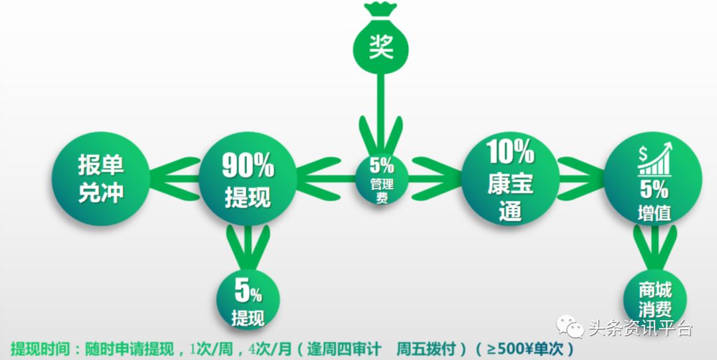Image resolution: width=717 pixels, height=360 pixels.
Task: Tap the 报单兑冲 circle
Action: tap(101, 179)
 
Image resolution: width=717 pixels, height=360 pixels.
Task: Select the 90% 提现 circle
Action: tap(248, 179)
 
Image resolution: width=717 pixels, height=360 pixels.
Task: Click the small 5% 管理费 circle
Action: tap(382, 179)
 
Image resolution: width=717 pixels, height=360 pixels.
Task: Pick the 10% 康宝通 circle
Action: tap(511, 179)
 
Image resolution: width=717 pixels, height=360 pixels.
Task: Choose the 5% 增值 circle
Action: tap(653, 179)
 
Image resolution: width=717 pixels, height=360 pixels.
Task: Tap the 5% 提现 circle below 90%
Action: tap(248, 299)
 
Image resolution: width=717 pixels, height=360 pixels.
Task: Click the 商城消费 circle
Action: tap(655, 299)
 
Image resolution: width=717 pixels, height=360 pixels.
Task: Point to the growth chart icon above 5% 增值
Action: tap(655, 159)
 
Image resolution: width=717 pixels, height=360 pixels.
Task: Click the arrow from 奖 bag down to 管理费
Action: tap(380, 114)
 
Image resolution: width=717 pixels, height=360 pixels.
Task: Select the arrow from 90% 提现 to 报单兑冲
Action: tap(175, 179)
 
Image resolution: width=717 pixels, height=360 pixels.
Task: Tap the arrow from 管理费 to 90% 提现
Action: tap(326, 179)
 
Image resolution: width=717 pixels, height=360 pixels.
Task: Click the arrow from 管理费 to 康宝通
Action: tap(436, 179)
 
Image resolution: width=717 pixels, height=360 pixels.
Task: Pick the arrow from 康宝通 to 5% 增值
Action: tap(582, 179)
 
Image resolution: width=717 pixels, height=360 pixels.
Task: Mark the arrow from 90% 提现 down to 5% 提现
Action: tap(248, 248)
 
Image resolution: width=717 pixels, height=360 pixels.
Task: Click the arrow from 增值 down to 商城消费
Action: tap(655, 248)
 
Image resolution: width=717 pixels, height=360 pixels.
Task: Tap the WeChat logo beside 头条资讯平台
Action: tap(570, 326)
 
